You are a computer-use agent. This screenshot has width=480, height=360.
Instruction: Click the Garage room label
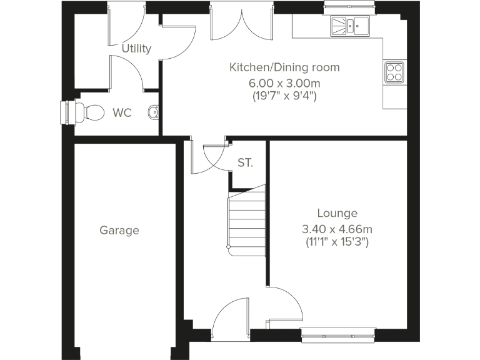coord(119,230)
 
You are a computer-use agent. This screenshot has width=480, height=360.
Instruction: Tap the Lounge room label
coord(337,213)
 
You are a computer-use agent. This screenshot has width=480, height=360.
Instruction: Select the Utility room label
coord(136,48)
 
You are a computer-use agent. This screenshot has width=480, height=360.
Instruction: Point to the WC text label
coord(122,113)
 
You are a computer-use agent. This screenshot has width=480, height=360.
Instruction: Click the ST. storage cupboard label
coord(246,163)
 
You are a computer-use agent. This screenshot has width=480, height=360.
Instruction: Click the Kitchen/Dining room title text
coord(284,67)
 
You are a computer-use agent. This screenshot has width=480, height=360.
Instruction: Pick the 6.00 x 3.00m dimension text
coord(284,82)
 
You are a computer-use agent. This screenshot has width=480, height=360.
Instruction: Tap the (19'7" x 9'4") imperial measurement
coord(284,96)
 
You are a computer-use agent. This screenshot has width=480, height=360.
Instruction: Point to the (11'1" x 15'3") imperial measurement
coord(337,241)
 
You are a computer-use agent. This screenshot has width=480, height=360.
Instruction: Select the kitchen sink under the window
coord(350,26)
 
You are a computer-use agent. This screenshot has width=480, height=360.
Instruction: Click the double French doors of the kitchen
coord(242,25)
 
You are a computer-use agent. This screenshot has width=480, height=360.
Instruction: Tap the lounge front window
coord(338,335)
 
